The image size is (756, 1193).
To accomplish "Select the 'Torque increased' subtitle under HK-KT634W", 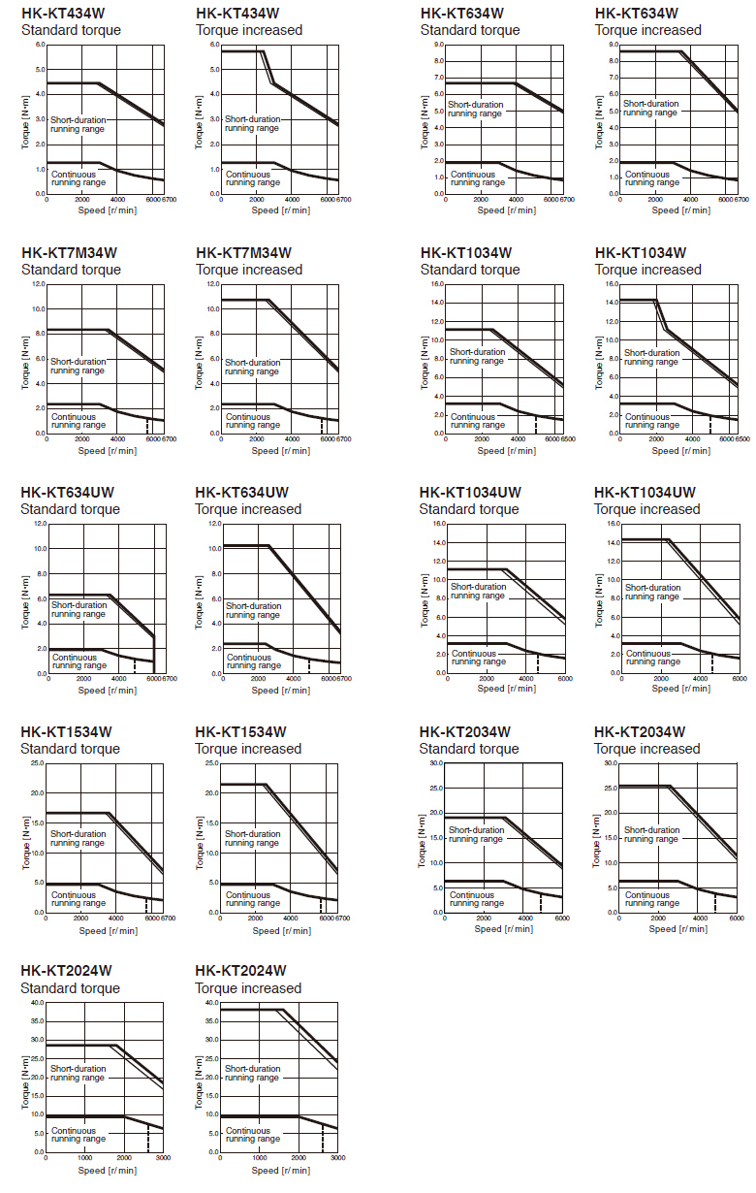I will (647, 30).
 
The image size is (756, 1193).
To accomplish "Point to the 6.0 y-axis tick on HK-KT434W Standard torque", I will (40, 45).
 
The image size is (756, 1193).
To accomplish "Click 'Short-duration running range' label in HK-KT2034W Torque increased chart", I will (651, 834).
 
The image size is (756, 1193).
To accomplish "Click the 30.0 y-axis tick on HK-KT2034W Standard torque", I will (436, 763).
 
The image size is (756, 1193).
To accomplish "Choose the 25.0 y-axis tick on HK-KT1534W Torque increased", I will (211, 763).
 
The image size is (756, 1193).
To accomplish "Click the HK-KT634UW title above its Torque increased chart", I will (241, 493).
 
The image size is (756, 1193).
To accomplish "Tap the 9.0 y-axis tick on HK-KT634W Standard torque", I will (439, 45).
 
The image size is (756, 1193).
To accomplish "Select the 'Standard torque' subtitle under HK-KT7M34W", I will (71, 270).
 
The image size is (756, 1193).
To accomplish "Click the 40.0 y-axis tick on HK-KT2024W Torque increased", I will (211, 1003).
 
